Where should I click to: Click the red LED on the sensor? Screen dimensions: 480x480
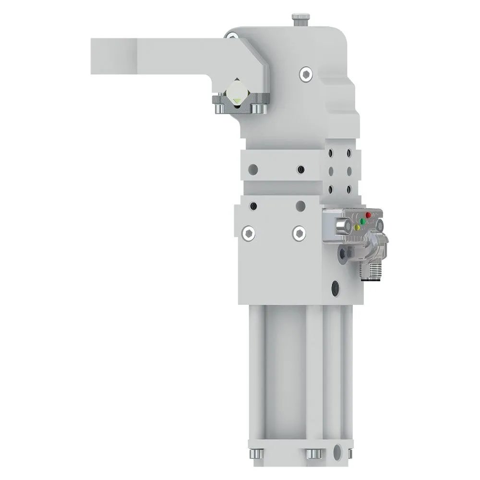pyautogui.click(x=369, y=215)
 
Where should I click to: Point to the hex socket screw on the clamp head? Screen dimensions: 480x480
pyautogui.click(x=306, y=74)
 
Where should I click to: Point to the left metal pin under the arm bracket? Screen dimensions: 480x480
pyautogui.click(x=219, y=108)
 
